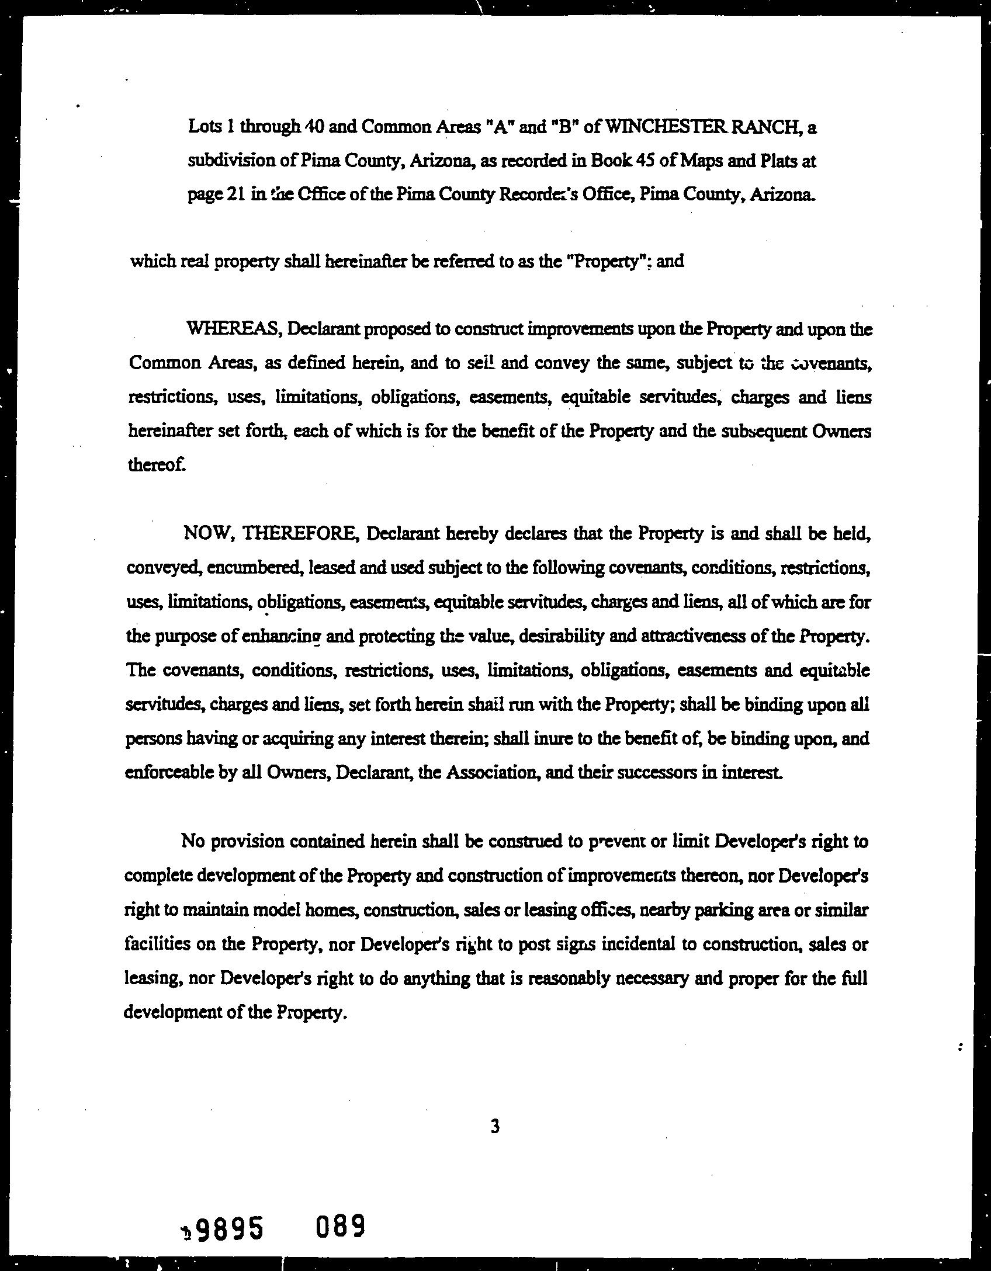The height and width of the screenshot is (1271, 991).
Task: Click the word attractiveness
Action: (x=694, y=635)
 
